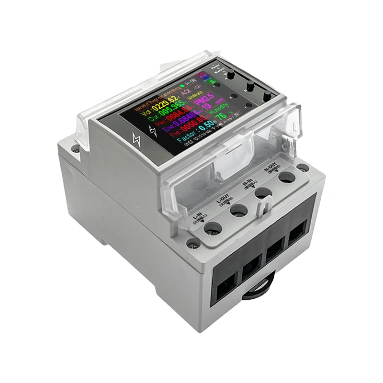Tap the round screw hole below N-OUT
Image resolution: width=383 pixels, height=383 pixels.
[x=286, y=178]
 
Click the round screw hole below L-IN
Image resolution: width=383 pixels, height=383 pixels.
[x=213, y=228]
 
